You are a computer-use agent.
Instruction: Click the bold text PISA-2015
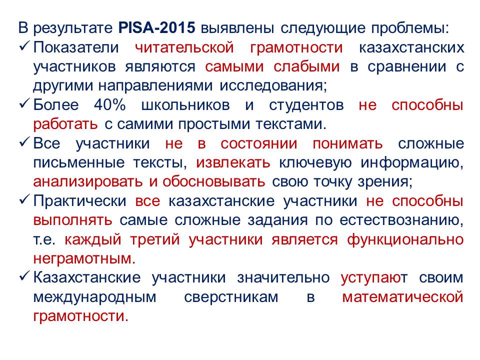coord(156,28)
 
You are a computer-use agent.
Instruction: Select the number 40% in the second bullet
coord(110,104)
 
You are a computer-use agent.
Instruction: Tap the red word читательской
coord(184,47)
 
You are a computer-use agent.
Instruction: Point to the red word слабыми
coord(306,66)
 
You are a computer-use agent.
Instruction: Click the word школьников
coord(185,104)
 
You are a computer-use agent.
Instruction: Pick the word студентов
coord(306,104)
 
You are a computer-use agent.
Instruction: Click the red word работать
coord(65,124)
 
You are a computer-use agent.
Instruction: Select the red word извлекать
coord(233,162)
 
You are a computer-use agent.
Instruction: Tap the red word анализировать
coord(88,181)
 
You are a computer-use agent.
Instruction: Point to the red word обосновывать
coord(213,181)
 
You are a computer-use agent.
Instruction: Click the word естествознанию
coord(401,220)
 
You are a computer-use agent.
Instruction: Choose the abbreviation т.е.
coord(44,239)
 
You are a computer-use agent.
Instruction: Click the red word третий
coord(155,239)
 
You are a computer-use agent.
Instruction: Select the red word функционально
coord(405,239)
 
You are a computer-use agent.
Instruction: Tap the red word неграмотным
coord(84,258)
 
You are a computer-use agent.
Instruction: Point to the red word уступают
coord(374,277)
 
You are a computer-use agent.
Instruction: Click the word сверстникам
coord(231,297)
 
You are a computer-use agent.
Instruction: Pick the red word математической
coord(402,297)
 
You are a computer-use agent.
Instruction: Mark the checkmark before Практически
coord(24,199)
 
